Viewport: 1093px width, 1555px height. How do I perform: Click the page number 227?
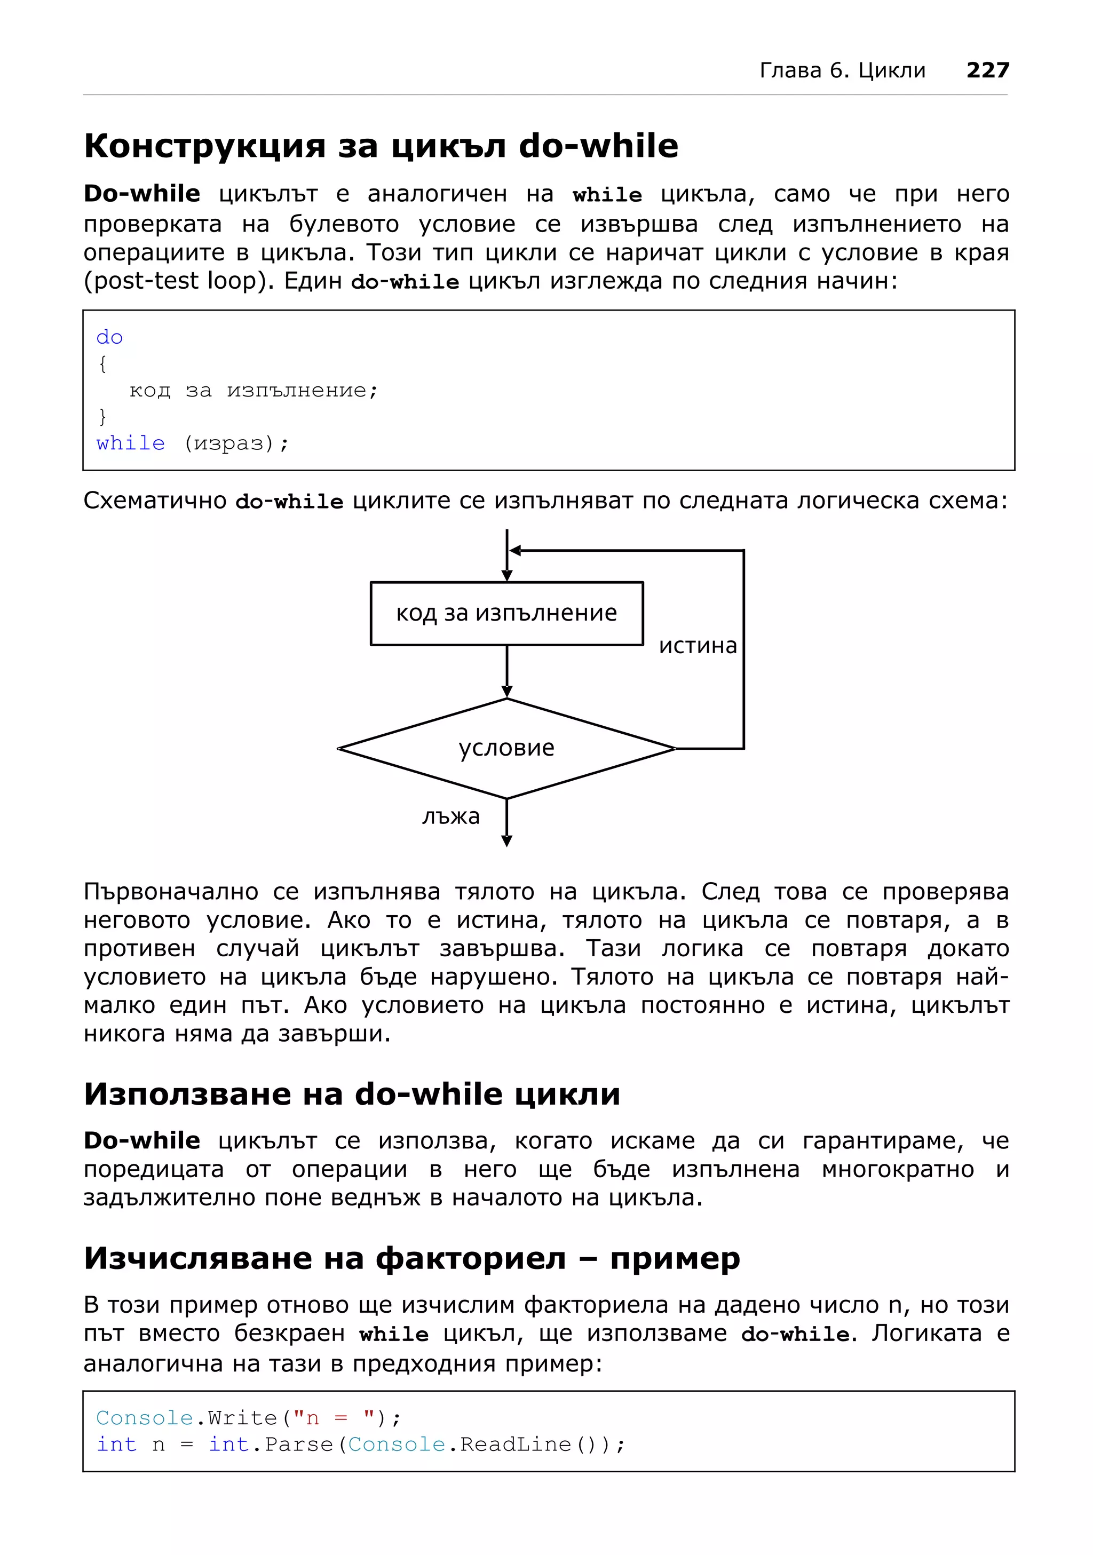coord(987,70)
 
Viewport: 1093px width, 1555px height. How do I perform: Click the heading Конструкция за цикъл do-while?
coord(381,146)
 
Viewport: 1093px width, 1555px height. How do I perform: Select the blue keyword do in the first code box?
coord(109,337)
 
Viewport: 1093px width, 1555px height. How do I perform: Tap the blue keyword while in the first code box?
coord(130,443)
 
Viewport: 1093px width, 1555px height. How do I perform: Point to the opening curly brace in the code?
coord(102,364)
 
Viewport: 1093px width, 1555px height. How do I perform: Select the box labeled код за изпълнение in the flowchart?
coord(506,613)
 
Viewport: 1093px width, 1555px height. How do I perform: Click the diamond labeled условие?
coord(506,748)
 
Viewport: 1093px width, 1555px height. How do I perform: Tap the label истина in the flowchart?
coord(698,646)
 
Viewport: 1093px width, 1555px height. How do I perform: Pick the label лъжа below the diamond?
coord(450,816)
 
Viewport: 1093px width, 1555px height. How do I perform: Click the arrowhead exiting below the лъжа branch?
coord(506,840)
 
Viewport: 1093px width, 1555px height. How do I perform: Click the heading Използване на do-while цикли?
coord(352,1094)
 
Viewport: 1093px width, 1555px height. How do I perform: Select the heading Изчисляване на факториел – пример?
coord(411,1258)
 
